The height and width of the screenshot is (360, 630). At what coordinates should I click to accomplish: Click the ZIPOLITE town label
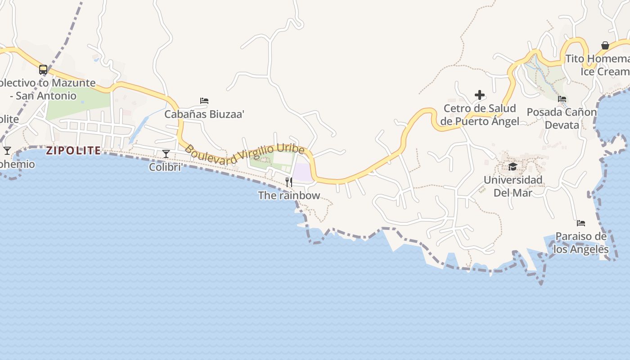(x=73, y=150)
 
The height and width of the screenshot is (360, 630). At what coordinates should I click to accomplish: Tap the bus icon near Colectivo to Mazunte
(x=43, y=70)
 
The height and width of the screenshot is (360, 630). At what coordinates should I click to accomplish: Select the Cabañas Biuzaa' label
(x=204, y=114)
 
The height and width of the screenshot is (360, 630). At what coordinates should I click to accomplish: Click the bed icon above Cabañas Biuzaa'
(x=204, y=101)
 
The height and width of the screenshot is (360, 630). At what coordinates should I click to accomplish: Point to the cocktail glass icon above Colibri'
(x=166, y=154)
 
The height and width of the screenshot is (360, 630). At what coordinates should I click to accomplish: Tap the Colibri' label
(x=166, y=167)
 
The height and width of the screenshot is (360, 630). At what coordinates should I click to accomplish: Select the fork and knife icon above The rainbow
(x=289, y=182)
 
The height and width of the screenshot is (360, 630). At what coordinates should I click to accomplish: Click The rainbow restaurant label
(x=289, y=195)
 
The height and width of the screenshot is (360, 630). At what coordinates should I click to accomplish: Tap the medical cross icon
(x=480, y=95)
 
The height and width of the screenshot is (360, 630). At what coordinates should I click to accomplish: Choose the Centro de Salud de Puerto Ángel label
(x=480, y=115)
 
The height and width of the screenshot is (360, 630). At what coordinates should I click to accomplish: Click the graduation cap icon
(x=513, y=167)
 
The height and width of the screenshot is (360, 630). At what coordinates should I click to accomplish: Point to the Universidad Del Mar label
(x=513, y=186)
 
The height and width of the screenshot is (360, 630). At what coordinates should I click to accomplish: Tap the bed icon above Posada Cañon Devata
(x=562, y=99)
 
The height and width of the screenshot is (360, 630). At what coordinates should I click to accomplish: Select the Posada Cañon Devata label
(x=562, y=118)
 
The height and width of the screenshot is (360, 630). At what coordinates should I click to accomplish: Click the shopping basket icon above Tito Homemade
(x=605, y=45)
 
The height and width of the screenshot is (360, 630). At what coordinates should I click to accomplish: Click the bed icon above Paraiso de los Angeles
(x=581, y=223)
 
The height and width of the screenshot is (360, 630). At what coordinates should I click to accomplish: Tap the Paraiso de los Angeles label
(x=581, y=243)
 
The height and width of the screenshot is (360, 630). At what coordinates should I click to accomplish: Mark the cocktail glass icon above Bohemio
(x=7, y=150)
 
